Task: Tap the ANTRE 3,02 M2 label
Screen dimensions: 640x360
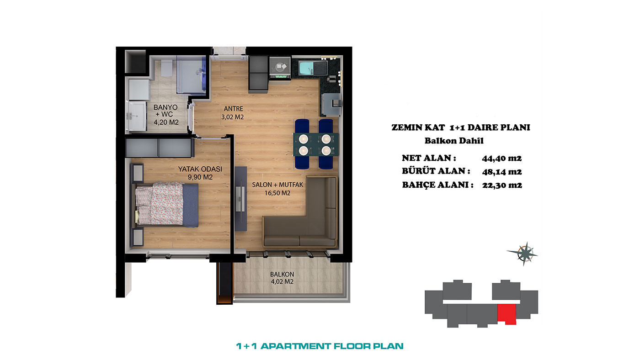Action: click(233, 113)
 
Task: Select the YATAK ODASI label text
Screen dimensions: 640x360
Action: click(200, 169)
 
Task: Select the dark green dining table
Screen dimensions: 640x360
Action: click(316, 144)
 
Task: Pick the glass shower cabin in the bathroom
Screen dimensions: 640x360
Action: click(191, 74)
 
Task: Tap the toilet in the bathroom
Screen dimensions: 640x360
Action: click(166, 68)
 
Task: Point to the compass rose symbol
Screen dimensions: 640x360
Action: click(524, 254)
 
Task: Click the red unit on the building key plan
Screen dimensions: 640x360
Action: click(507, 314)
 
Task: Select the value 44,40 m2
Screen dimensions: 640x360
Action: click(502, 158)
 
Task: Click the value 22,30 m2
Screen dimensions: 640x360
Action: click(502, 185)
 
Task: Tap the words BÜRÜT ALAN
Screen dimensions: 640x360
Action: click(436, 171)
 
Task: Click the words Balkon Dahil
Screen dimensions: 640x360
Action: click(454, 141)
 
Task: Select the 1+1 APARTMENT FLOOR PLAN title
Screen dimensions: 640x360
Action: click(320, 346)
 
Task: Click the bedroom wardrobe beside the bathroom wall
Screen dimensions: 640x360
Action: click(159, 148)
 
